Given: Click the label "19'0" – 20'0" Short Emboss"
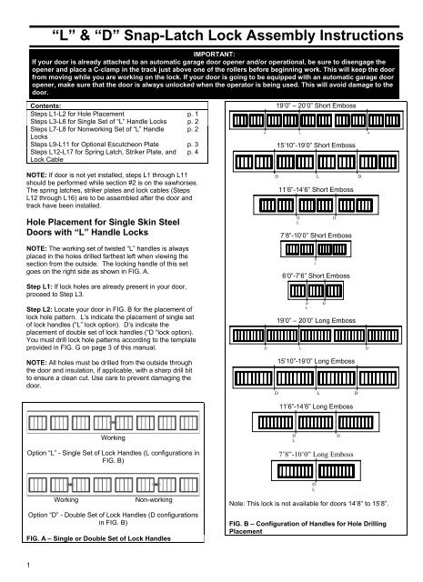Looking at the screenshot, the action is click(x=314, y=105).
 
